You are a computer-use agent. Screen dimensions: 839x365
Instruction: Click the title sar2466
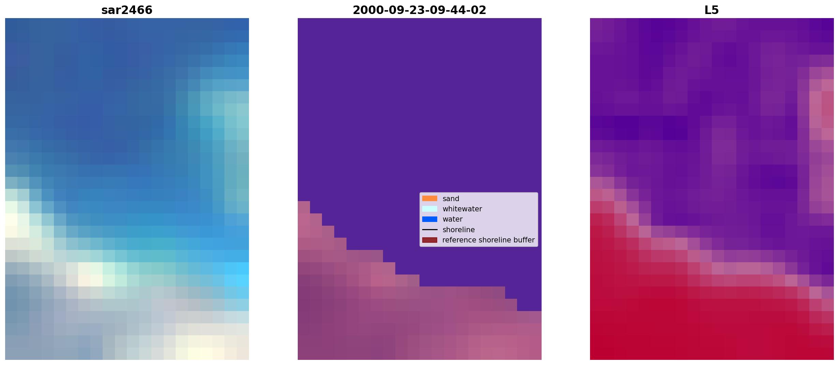click(x=127, y=10)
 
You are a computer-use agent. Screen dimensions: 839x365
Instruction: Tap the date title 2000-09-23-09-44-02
click(x=419, y=10)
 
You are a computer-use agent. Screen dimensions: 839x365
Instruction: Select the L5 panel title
click(x=711, y=10)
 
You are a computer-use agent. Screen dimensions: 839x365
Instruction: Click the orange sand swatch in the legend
click(x=429, y=198)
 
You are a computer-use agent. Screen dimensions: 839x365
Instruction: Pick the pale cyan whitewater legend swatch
click(x=429, y=209)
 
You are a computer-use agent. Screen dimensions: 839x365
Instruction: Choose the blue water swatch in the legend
click(x=429, y=219)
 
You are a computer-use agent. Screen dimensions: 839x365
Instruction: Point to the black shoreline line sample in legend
click(x=429, y=230)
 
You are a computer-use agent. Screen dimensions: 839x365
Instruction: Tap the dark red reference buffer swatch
click(x=429, y=240)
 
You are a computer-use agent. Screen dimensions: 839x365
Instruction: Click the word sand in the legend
click(x=451, y=199)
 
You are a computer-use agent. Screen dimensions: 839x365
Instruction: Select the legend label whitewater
click(x=462, y=209)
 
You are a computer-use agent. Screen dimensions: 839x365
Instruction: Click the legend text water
click(x=452, y=219)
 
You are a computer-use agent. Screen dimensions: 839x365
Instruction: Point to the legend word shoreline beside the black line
click(x=458, y=230)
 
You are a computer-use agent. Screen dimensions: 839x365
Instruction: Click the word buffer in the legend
click(x=524, y=240)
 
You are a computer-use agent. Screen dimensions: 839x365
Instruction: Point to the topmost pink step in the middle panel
click(x=304, y=207)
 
